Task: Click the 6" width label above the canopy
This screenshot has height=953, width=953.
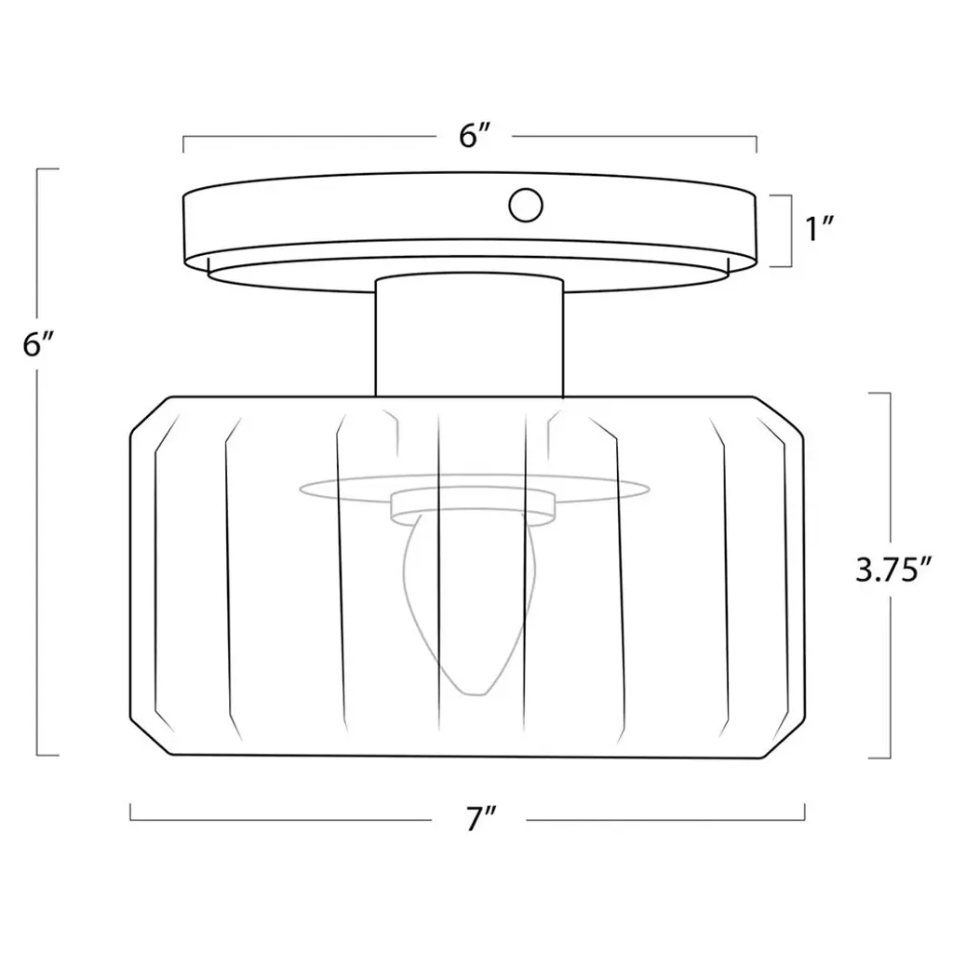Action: (475, 136)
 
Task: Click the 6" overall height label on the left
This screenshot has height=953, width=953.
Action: (39, 344)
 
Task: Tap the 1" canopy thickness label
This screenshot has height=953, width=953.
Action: (819, 229)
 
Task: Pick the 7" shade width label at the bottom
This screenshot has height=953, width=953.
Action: (482, 819)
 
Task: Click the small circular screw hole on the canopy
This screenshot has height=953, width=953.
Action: (526, 205)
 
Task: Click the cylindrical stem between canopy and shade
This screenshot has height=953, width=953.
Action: (469, 336)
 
